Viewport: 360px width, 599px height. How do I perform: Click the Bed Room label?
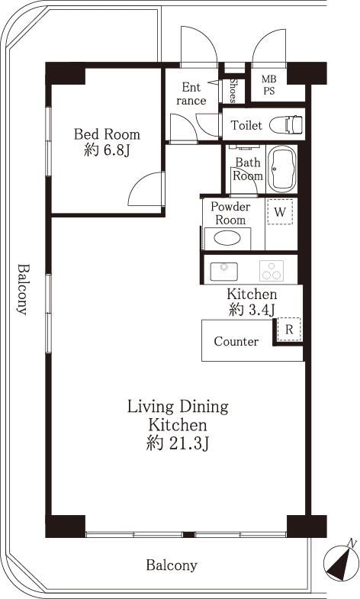[107, 134]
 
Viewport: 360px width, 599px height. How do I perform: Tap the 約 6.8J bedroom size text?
[107, 150]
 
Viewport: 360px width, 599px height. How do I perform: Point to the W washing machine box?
[280, 212]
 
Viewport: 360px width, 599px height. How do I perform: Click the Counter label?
[236, 342]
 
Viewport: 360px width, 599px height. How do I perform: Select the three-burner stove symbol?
[271, 270]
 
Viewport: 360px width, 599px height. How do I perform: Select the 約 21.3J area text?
[177, 443]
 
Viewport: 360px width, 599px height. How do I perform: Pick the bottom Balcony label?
[172, 565]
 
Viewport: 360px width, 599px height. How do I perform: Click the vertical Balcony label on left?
[23, 290]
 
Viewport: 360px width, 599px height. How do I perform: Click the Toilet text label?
[246, 125]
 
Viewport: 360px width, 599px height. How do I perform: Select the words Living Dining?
[177, 406]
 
